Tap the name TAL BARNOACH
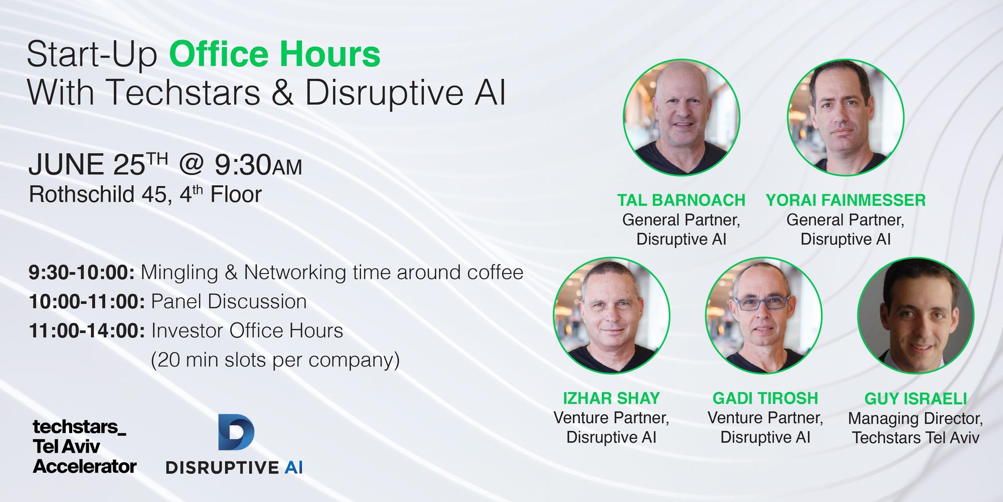(x=681, y=200)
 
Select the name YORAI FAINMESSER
(x=846, y=200)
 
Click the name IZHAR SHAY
(x=611, y=398)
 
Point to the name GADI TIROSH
(x=765, y=398)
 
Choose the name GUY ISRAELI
(x=916, y=399)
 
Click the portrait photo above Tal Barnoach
(x=681, y=117)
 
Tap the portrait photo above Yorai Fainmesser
(x=846, y=117)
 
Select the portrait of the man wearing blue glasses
(x=763, y=315)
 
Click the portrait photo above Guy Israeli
(x=916, y=315)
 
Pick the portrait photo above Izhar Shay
(x=611, y=315)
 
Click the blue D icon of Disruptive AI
(x=236, y=433)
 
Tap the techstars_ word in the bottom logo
(x=79, y=427)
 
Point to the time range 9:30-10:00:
(x=81, y=273)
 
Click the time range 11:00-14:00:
(x=87, y=331)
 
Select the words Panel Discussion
(x=229, y=302)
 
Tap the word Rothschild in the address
(x=81, y=195)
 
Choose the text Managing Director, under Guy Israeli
(x=916, y=418)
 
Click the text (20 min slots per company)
(x=275, y=360)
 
